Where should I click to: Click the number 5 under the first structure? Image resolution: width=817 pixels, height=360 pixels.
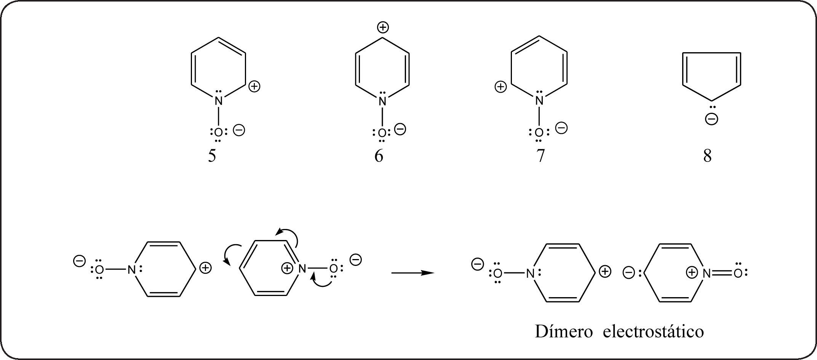pyautogui.click(x=212, y=156)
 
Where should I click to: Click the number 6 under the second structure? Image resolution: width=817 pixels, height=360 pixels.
pyautogui.click(x=379, y=156)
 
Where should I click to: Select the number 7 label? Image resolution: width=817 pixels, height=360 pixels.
pyautogui.click(x=540, y=156)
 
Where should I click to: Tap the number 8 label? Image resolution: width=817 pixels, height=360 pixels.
pyautogui.click(x=707, y=156)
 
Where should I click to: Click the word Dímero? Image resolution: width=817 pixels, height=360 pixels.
pyautogui.click(x=564, y=331)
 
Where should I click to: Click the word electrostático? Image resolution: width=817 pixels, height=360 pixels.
pyautogui.click(x=653, y=331)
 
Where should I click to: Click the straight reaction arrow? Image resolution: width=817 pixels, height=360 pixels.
pyautogui.click(x=413, y=273)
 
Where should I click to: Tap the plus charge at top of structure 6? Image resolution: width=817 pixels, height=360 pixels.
pyautogui.click(x=383, y=27)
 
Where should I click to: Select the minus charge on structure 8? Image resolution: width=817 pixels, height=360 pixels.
pyautogui.click(x=711, y=119)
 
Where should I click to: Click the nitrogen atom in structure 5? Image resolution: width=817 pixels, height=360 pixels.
pyautogui.click(x=218, y=101)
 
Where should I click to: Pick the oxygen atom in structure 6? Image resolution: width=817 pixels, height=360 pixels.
pyautogui.click(x=382, y=133)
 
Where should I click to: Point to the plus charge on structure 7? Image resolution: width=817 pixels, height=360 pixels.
pyautogui.click(x=500, y=87)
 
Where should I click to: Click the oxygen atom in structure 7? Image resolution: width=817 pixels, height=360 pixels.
pyautogui.click(x=539, y=133)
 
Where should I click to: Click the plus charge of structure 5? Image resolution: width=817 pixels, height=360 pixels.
pyautogui.click(x=254, y=87)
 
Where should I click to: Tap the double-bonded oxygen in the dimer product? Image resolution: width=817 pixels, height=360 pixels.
pyautogui.click(x=738, y=273)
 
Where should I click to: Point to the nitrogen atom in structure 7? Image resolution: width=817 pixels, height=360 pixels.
pyautogui.click(x=539, y=101)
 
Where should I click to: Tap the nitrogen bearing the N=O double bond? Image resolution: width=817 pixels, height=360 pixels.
pyautogui.click(x=707, y=273)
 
